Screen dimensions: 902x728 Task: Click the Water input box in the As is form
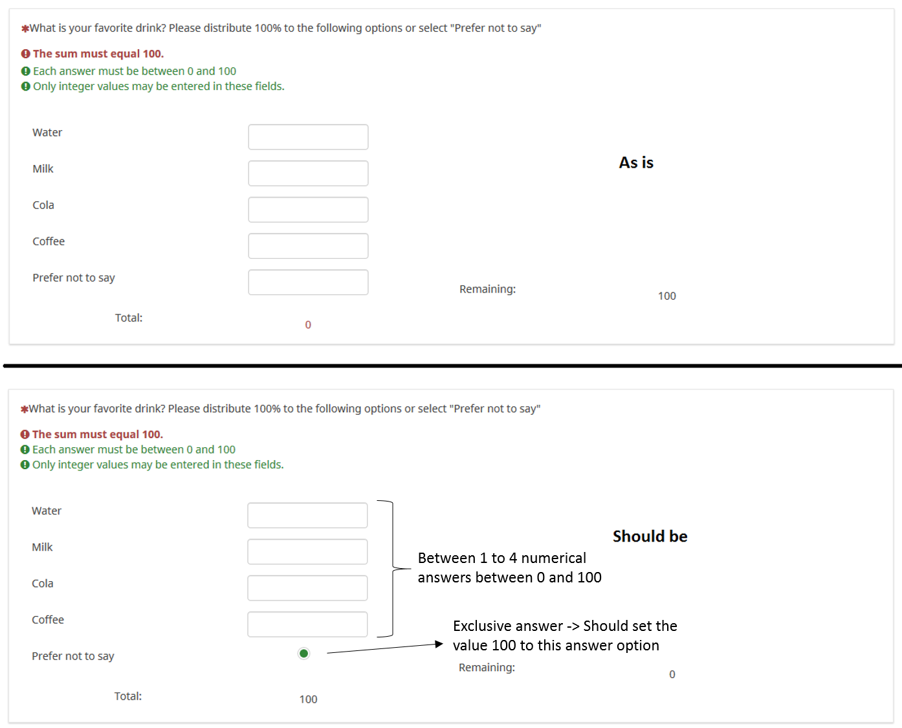[x=308, y=137]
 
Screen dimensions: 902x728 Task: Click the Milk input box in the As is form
[x=308, y=173]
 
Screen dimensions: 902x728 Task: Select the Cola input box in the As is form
[x=308, y=210]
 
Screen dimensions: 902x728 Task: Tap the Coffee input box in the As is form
[x=308, y=246]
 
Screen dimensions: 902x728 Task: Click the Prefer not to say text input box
[x=308, y=283]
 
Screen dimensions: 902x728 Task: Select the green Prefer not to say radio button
[x=303, y=654]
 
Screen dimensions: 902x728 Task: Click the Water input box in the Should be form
[x=307, y=515]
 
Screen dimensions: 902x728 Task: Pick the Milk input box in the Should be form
[x=307, y=552]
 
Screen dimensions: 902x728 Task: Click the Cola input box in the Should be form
[x=307, y=588]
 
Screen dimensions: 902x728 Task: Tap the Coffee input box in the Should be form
[x=307, y=624]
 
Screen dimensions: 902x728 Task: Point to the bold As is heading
[x=636, y=162]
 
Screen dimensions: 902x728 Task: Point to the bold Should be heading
[x=650, y=536]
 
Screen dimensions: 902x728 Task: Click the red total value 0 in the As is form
[x=308, y=325]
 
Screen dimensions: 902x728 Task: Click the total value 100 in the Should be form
[x=308, y=699]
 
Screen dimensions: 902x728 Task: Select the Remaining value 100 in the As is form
[x=667, y=296]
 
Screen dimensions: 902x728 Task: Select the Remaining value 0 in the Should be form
[x=672, y=674]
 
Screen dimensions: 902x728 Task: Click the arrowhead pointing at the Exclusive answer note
[x=439, y=644]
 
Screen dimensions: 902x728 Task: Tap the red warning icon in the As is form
[x=25, y=54]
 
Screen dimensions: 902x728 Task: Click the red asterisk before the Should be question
[x=25, y=410]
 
